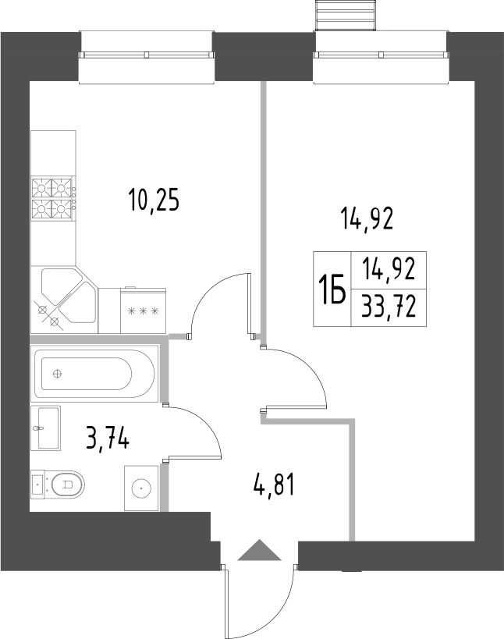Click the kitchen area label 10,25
coord(154,200)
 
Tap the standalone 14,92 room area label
coord(367,218)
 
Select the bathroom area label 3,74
coord(108,436)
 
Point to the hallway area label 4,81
coord(273,485)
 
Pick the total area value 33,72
coord(389,307)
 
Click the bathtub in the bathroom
coord(94,373)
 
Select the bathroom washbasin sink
coord(45,428)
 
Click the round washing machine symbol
coord(141,488)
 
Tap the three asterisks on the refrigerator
coord(143,312)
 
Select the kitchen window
coord(147,58)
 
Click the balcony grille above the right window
coord(345,16)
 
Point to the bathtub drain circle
coord(58,373)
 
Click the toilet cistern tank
coord(38,485)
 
